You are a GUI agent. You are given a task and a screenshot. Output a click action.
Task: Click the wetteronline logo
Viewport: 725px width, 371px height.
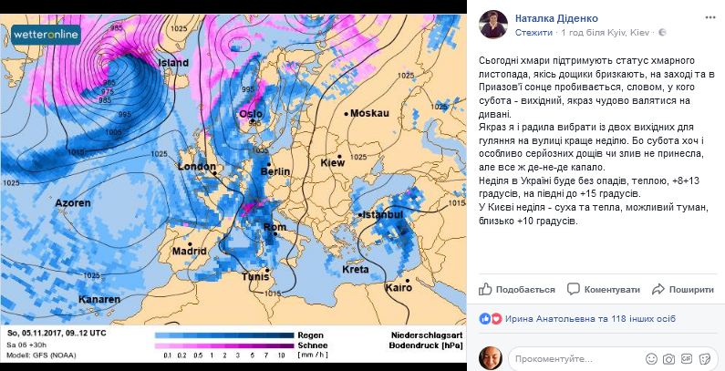(47, 36)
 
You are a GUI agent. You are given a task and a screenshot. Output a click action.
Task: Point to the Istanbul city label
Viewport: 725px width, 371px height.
(381, 214)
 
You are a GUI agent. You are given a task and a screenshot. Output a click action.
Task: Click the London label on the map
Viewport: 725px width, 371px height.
(197, 167)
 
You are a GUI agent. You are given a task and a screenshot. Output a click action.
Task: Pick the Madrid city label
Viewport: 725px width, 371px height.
(189, 251)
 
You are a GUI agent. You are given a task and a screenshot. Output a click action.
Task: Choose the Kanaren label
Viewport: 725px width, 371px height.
(98, 299)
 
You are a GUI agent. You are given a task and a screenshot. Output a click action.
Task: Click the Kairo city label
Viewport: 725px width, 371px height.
(399, 287)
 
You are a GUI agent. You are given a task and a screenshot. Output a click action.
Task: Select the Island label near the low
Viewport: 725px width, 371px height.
(173, 63)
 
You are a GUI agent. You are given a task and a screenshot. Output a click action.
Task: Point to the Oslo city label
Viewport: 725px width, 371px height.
(250, 114)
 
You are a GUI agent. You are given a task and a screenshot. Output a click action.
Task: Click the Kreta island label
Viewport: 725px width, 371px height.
(355, 269)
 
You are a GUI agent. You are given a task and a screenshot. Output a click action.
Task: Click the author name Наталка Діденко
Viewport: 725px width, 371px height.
(558, 16)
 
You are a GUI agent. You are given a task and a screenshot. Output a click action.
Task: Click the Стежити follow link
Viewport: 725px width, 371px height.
(533, 31)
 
